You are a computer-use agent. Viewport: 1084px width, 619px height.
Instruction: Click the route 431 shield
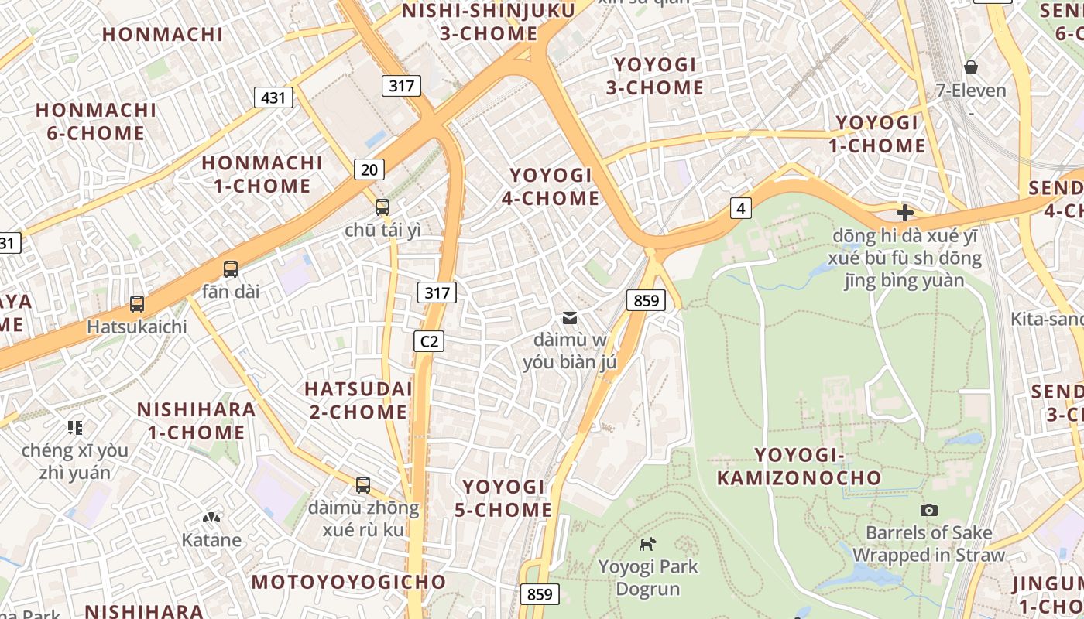coord(273,97)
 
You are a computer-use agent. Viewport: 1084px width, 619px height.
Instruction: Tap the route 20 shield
coord(369,169)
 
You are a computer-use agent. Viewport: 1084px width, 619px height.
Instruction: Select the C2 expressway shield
coord(428,341)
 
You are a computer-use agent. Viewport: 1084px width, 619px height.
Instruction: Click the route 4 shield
coord(741,208)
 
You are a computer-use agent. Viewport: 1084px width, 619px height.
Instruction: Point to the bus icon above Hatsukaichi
coord(137,304)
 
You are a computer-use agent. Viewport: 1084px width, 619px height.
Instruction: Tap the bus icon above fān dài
coord(231,269)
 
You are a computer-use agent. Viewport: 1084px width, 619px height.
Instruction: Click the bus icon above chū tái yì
coord(382,207)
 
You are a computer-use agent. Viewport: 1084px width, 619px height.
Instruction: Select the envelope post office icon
coord(570,318)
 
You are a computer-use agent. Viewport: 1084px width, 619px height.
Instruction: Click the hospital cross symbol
coord(904,213)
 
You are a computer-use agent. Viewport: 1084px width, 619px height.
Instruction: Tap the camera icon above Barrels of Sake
coord(928,510)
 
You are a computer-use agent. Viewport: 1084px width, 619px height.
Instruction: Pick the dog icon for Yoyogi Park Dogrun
coord(647,544)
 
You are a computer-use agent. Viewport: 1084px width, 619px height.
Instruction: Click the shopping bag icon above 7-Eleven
coord(970,67)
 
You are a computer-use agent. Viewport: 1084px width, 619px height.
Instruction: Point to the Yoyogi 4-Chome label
coord(551,187)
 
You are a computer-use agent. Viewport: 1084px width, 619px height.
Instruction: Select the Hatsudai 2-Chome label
coord(358,400)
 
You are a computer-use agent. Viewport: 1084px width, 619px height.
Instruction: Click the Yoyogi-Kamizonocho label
coord(799,467)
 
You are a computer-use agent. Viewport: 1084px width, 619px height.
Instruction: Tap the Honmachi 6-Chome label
coord(96,121)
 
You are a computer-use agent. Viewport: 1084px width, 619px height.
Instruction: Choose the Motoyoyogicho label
coord(349,582)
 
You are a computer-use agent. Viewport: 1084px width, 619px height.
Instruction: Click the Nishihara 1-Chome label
coord(197,421)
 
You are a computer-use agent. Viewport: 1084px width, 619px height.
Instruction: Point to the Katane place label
coord(211,540)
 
